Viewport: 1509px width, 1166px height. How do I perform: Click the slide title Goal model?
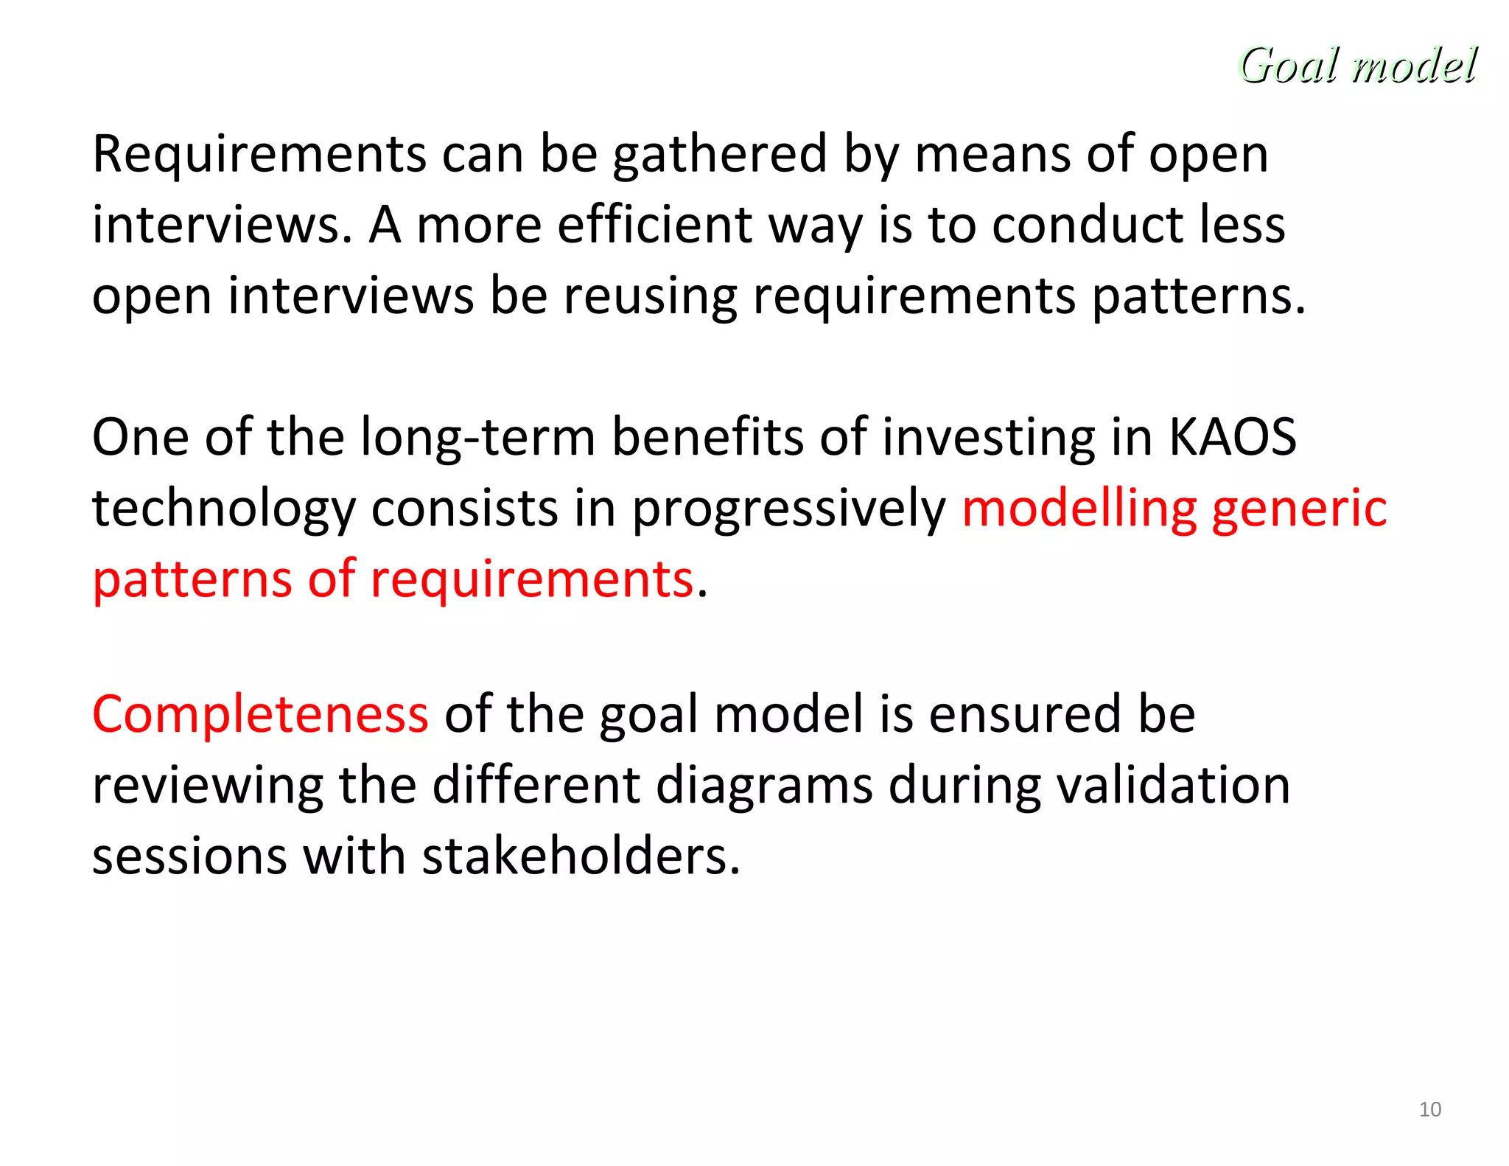pyautogui.click(x=1357, y=66)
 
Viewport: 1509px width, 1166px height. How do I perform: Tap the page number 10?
pyautogui.click(x=1429, y=1109)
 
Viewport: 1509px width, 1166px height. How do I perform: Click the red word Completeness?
pyautogui.click(x=260, y=714)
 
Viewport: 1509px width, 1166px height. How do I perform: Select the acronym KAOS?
pyautogui.click(x=1232, y=437)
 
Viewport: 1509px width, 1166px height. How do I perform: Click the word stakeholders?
pyautogui.click(x=580, y=856)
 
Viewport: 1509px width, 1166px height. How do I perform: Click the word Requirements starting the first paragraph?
pyautogui.click(x=259, y=156)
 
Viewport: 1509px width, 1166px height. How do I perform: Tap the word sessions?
pyautogui.click(x=189, y=856)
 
